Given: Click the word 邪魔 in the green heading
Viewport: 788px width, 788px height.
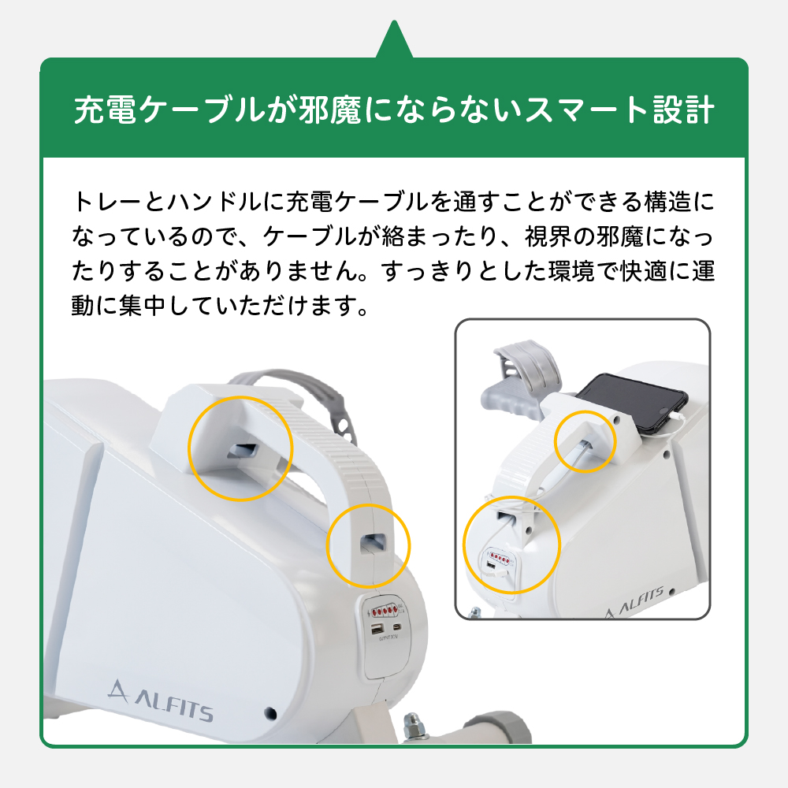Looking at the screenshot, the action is [329, 110].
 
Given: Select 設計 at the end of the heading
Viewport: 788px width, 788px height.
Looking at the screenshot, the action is [683, 110].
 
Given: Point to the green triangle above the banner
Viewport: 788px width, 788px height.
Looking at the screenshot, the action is [395, 39].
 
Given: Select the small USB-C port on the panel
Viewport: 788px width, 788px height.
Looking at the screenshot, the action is [397, 627].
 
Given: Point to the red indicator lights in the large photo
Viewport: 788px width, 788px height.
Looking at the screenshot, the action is [385, 611].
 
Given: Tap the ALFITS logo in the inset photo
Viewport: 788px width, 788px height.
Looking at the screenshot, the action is [635, 602].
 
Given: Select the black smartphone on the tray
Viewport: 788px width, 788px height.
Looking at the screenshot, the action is [632, 402].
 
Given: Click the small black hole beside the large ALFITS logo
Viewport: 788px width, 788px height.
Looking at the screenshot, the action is [270, 712].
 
